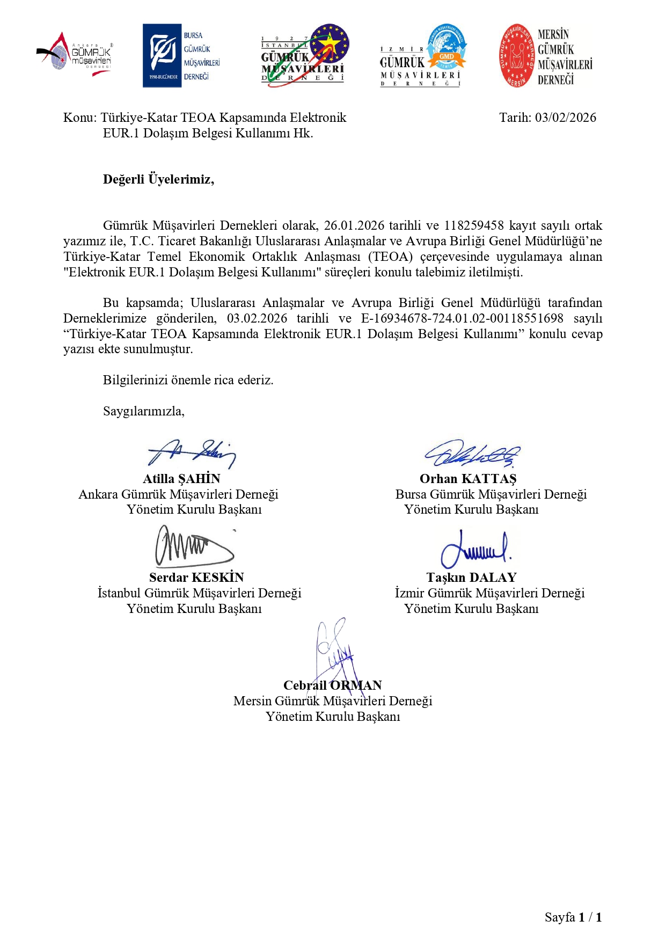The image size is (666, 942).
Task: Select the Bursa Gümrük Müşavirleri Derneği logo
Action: point(181,56)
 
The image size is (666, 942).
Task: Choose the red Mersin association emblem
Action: point(517,56)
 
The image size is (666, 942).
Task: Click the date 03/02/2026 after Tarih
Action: point(565,118)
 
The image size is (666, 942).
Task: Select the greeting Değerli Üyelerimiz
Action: point(158,179)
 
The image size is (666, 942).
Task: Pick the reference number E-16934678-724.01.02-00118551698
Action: point(462,318)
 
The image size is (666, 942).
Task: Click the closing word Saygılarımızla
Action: point(143,411)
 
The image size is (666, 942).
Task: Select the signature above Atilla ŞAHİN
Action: point(192,454)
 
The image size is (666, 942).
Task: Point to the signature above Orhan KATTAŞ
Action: point(472,455)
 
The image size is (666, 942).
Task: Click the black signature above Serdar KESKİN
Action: point(194,546)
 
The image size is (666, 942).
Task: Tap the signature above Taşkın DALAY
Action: point(475,549)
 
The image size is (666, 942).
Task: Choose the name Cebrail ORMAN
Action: point(332,685)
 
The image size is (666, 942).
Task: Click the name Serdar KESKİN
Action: point(196,578)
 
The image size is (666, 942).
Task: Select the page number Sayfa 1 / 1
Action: point(573,917)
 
